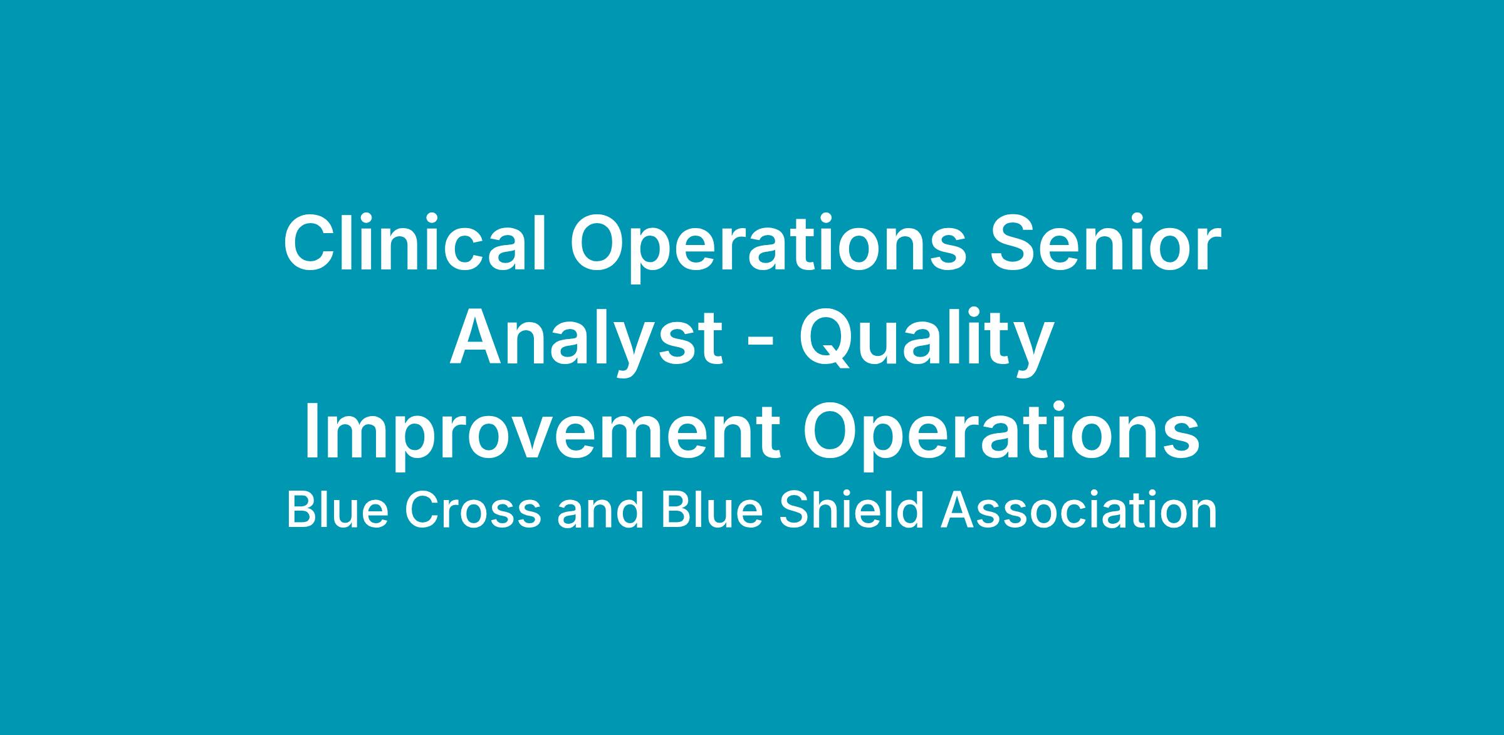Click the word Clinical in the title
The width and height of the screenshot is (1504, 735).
[x=415, y=243]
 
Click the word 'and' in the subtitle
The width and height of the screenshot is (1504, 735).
[x=601, y=509]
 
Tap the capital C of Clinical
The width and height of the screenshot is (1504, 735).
[x=311, y=243]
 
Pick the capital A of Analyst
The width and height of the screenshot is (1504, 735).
[x=479, y=338]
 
